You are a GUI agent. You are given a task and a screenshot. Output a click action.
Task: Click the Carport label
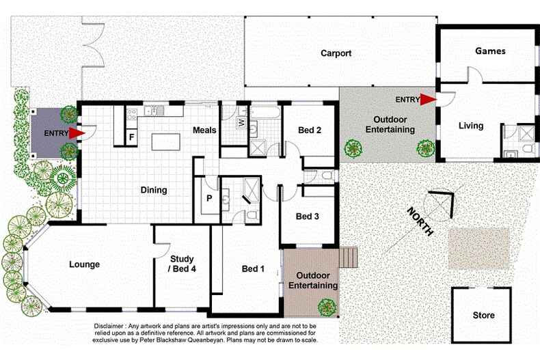pyautogui.click(x=336, y=53)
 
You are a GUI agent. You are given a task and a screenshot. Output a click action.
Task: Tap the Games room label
pyautogui.click(x=490, y=51)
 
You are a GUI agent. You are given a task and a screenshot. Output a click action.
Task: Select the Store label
pyautogui.click(x=483, y=316)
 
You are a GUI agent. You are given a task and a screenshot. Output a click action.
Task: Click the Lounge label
pyautogui.click(x=84, y=264)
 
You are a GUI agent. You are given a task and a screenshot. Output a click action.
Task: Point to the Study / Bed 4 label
pyautogui.click(x=183, y=264)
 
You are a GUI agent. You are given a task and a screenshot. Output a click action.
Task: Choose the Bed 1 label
pyautogui.click(x=253, y=269)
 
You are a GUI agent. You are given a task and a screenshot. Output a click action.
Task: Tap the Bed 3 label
pyautogui.click(x=308, y=217)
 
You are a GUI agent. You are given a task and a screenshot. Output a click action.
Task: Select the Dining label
pyautogui.click(x=154, y=190)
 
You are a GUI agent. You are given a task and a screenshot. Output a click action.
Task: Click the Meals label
pyautogui.click(x=204, y=130)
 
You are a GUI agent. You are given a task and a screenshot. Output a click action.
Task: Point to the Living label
pyautogui.click(x=471, y=126)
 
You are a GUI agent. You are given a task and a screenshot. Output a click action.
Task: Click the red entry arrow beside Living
pyautogui.click(x=428, y=100)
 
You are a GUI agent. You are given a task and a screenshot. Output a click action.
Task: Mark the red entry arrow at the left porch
pyautogui.click(x=76, y=133)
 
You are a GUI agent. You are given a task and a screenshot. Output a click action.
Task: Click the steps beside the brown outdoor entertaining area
pyautogui.click(x=348, y=258)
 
